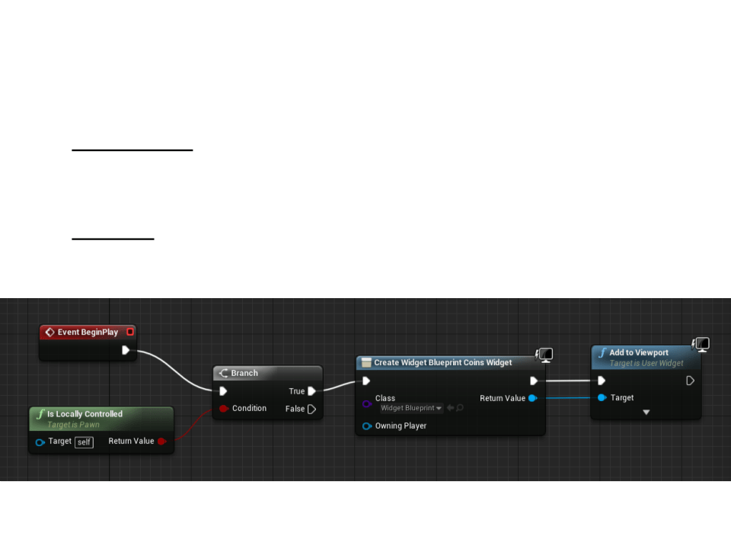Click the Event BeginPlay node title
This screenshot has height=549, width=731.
pyautogui.click(x=88, y=332)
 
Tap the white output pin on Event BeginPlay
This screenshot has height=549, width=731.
pyautogui.click(x=126, y=351)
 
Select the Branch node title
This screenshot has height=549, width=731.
pyautogui.click(x=244, y=373)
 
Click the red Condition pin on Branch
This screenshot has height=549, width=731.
pyautogui.click(x=224, y=409)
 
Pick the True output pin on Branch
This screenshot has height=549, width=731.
pyautogui.click(x=311, y=391)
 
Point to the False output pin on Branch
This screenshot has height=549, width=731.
pyautogui.click(x=311, y=409)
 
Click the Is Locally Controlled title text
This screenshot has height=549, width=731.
pyautogui.click(x=85, y=414)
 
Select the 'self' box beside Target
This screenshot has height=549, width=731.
pyautogui.click(x=84, y=442)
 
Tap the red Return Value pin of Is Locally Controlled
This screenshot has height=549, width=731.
pyautogui.click(x=161, y=441)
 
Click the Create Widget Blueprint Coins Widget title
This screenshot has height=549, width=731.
pyautogui.click(x=442, y=363)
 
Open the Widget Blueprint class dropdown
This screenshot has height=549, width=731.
pyautogui.click(x=411, y=409)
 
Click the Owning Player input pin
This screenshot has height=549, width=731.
pyautogui.click(x=367, y=426)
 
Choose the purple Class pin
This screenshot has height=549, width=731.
pyautogui.click(x=367, y=403)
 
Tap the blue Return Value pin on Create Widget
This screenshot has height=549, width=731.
pyautogui.click(x=531, y=398)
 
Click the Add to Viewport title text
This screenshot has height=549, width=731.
pyautogui.click(x=639, y=353)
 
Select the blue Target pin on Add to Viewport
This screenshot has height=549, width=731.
pyautogui.click(x=602, y=398)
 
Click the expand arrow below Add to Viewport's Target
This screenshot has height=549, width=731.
pyautogui.click(x=646, y=413)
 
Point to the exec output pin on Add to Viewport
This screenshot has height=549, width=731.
pyautogui.click(x=690, y=380)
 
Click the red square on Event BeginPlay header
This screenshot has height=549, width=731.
pyautogui.click(x=130, y=332)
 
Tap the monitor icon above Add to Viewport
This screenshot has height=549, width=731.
pyautogui.click(x=701, y=345)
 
